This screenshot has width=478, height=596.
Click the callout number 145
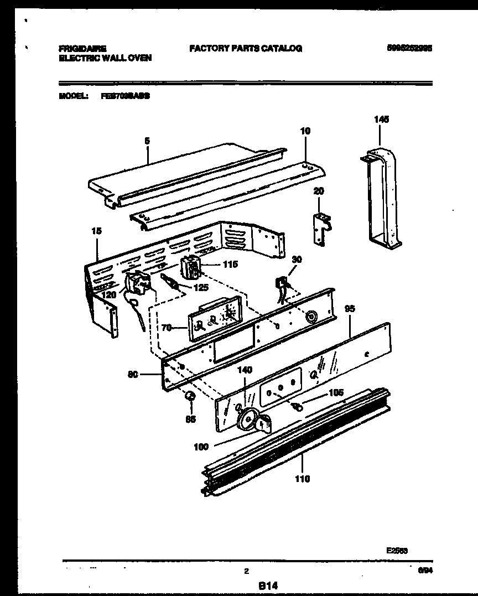tap(382, 119)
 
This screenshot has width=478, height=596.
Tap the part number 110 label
tap(302, 478)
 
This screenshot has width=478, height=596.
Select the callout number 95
tap(350, 309)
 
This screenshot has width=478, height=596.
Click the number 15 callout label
tap(97, 231)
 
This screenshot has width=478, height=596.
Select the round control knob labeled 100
tap(247, 421)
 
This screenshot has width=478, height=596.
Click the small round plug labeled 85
tap(190, 396)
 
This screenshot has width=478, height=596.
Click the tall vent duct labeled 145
tap(382, 194)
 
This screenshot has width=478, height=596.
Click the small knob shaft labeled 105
tap(298, 407)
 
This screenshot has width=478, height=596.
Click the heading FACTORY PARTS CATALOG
tap(246, 49)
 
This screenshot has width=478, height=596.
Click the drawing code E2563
tap(397, 551)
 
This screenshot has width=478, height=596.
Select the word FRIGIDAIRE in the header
tap(83, 49)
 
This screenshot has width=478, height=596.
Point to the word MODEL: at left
tap(74, 96)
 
